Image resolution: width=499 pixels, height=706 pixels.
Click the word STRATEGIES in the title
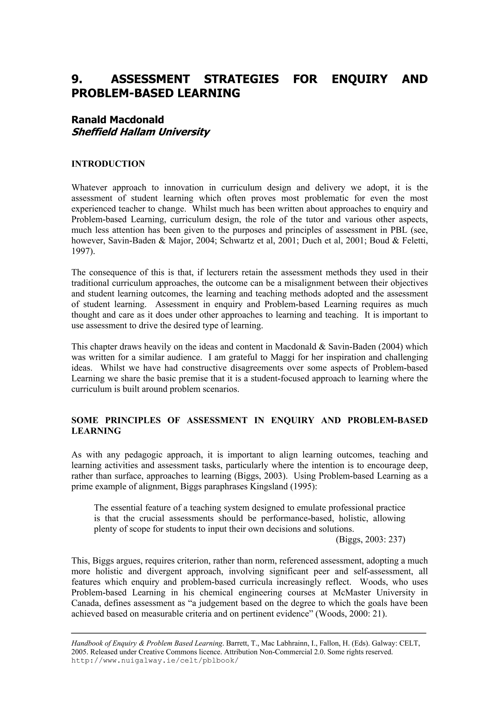click(x=241, y=79)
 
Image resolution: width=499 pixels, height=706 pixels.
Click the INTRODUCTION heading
click(x=108, y=164)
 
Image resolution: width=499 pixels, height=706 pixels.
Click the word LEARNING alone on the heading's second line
click(x=96, y=431)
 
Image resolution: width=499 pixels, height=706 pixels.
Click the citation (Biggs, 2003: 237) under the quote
click(x=370, y=540)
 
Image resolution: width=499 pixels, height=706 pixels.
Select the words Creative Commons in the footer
click(x=163, y=652)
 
